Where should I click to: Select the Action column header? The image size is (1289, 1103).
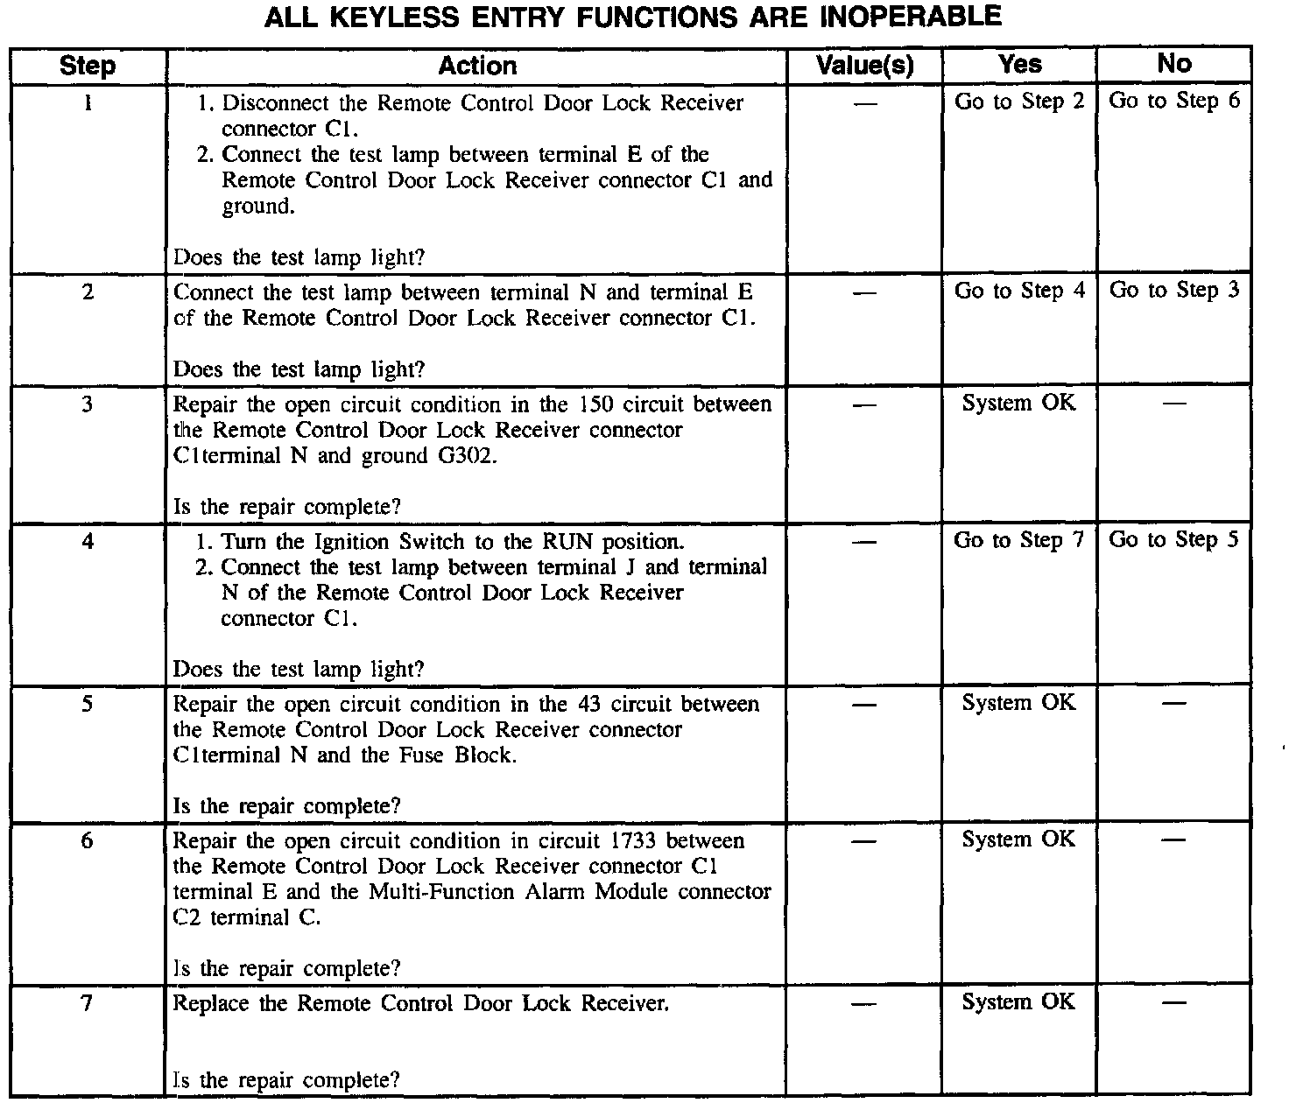[x=477, y=66]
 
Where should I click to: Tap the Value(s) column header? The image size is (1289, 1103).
[x=864, y=66]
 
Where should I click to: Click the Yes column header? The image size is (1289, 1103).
[x=1020, y=65]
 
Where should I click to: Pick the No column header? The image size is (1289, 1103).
[x=1173, y=64]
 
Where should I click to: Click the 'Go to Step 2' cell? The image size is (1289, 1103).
[x=1019, y=102]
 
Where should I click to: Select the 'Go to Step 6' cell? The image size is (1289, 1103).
[x=1174, y=101]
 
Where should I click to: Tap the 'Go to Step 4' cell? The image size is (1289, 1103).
[x=1019, y=291]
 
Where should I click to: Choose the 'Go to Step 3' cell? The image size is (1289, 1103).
[x=1174, y=291]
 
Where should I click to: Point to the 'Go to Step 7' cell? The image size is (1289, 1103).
[x=1019, y=540]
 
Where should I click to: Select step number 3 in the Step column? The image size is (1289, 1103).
[x=88, y=404]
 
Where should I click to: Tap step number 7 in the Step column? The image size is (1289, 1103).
[x=87, y=1004]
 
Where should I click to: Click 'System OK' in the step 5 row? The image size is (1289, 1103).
[x=1018, y=703]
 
